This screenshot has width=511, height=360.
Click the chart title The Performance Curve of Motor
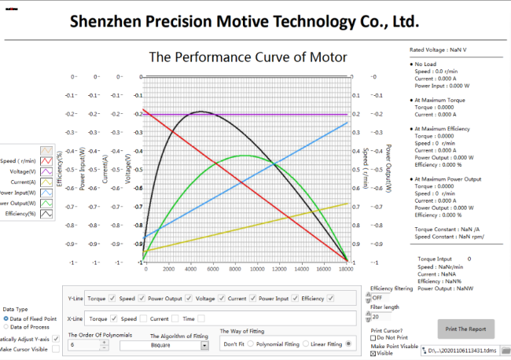(x=248, y=57)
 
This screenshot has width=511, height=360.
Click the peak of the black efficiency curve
(x=201, y=112)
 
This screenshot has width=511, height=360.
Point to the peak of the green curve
(x=245, y=156)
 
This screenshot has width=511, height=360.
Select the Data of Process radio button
(x=7, y=326)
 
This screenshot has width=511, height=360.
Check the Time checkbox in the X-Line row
(x=200, y=318)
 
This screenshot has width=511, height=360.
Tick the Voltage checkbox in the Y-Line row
(x=221, y=298)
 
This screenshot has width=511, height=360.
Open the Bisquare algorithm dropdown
(x=204, y=345)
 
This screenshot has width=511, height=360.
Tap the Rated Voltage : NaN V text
(x=439, y=50)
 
